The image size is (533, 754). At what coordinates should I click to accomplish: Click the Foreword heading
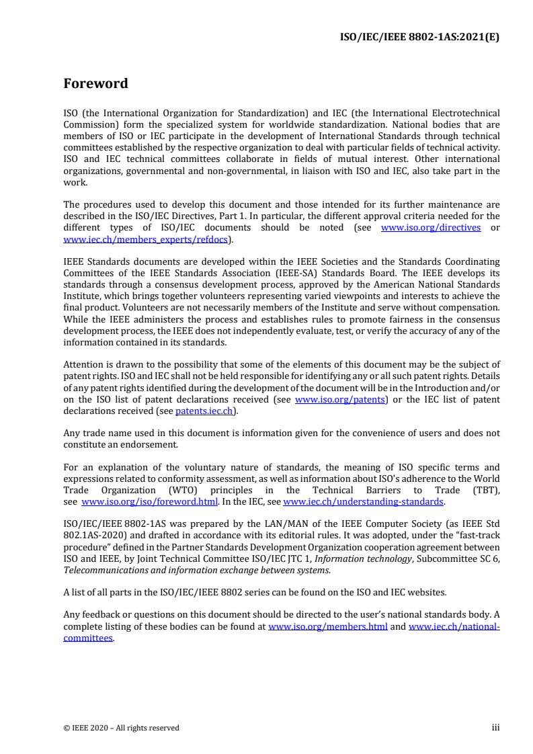click(95, 84)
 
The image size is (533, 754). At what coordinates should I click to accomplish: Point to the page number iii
click(496, 727)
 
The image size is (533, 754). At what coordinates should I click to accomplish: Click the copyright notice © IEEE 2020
click(121, 728)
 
